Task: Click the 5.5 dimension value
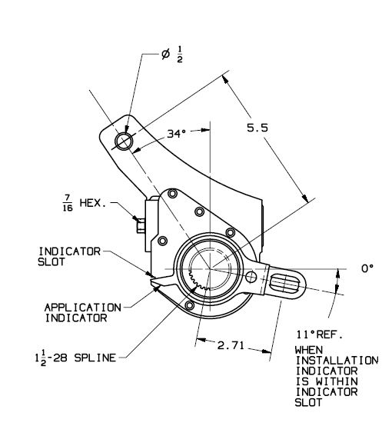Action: click(257, 128)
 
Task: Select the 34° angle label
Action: click(177, 133)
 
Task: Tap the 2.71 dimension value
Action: click(231, 345)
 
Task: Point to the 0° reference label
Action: click(367, 268)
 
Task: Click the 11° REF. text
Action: click(320, 334)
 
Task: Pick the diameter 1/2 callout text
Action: click(172, 55)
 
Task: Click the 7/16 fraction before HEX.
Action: click(68, 203)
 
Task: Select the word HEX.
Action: click(93, 203)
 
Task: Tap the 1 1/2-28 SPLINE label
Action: click(76, 358)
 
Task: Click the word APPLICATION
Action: click(83, 308)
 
